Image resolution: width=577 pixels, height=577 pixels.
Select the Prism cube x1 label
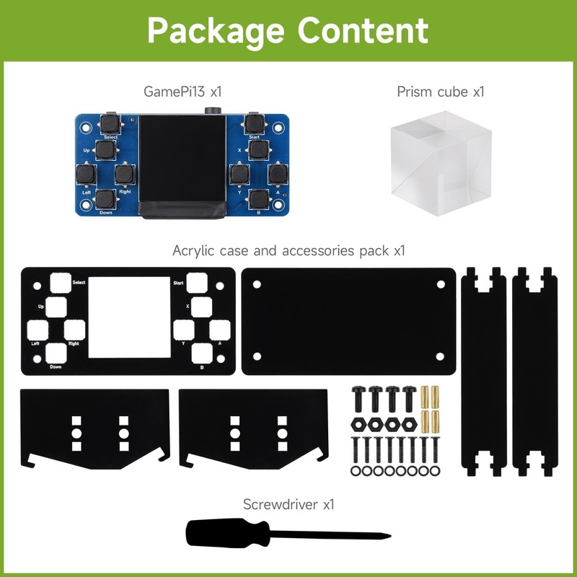(440, 92)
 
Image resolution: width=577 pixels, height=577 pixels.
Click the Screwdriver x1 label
(288, 504)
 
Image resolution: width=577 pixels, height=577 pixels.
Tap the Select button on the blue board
(110, 123)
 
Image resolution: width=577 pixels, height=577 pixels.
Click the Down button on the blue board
(105, 199)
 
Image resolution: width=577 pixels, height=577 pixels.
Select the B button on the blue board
(257, 198)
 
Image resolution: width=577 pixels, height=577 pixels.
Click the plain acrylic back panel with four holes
(348, 321)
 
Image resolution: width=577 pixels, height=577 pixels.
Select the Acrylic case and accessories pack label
(288, 251)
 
